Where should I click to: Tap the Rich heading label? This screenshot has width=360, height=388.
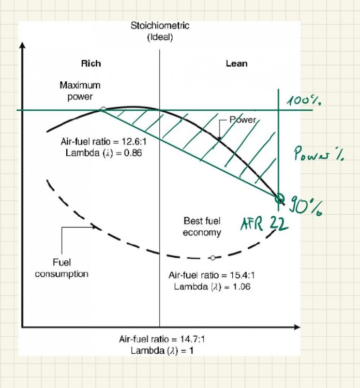91,64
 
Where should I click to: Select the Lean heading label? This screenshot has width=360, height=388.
236,64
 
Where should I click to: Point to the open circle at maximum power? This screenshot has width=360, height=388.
103,109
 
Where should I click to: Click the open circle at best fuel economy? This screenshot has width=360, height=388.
213,257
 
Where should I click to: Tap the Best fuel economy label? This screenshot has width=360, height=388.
202,227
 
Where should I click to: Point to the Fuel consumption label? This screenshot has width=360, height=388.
62,267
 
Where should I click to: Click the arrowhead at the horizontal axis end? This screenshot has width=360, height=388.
296,327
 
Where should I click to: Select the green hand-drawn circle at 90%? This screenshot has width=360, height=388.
279,198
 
